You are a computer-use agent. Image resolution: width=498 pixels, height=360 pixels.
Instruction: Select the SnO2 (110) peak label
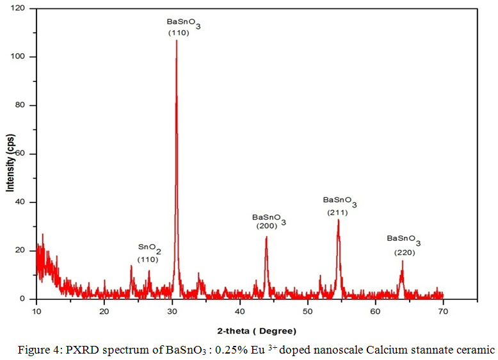click(x=150, y=252)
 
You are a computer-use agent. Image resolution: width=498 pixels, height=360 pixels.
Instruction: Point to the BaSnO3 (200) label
click(x=269, y=221)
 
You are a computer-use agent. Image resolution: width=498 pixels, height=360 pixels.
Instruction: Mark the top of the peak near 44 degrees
click(x=266, y=237)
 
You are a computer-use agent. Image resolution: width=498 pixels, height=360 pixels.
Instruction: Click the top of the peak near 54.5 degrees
click(x=338, y=220)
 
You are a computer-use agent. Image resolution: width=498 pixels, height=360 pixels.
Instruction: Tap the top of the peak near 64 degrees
click(x=403, y=261)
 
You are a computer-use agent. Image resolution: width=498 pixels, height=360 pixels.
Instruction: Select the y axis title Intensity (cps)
click(x=10, y=163)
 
